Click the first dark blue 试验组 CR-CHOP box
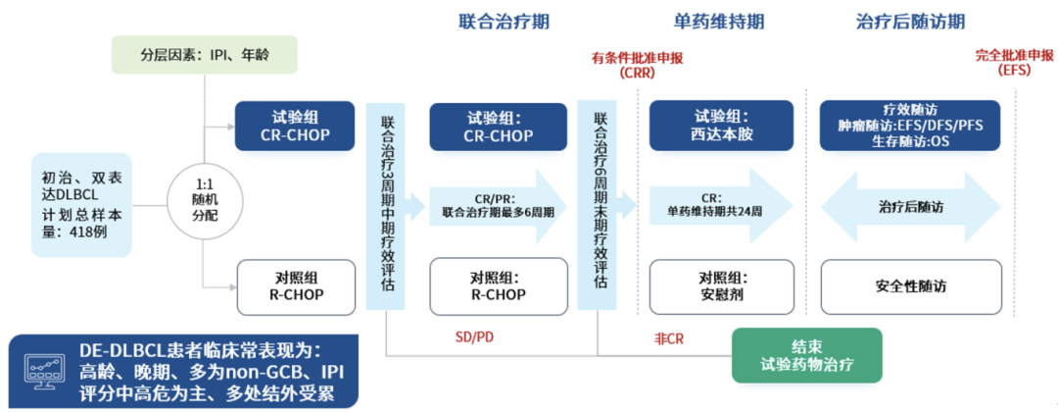click(295, 126)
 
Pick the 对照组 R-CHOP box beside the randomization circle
click(295, 285)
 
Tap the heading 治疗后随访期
click(910, 22)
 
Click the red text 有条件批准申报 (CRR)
click(637, 65)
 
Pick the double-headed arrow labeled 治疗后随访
click(910, 206)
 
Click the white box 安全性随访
click(910, 286)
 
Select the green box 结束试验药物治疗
click(807, 355)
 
